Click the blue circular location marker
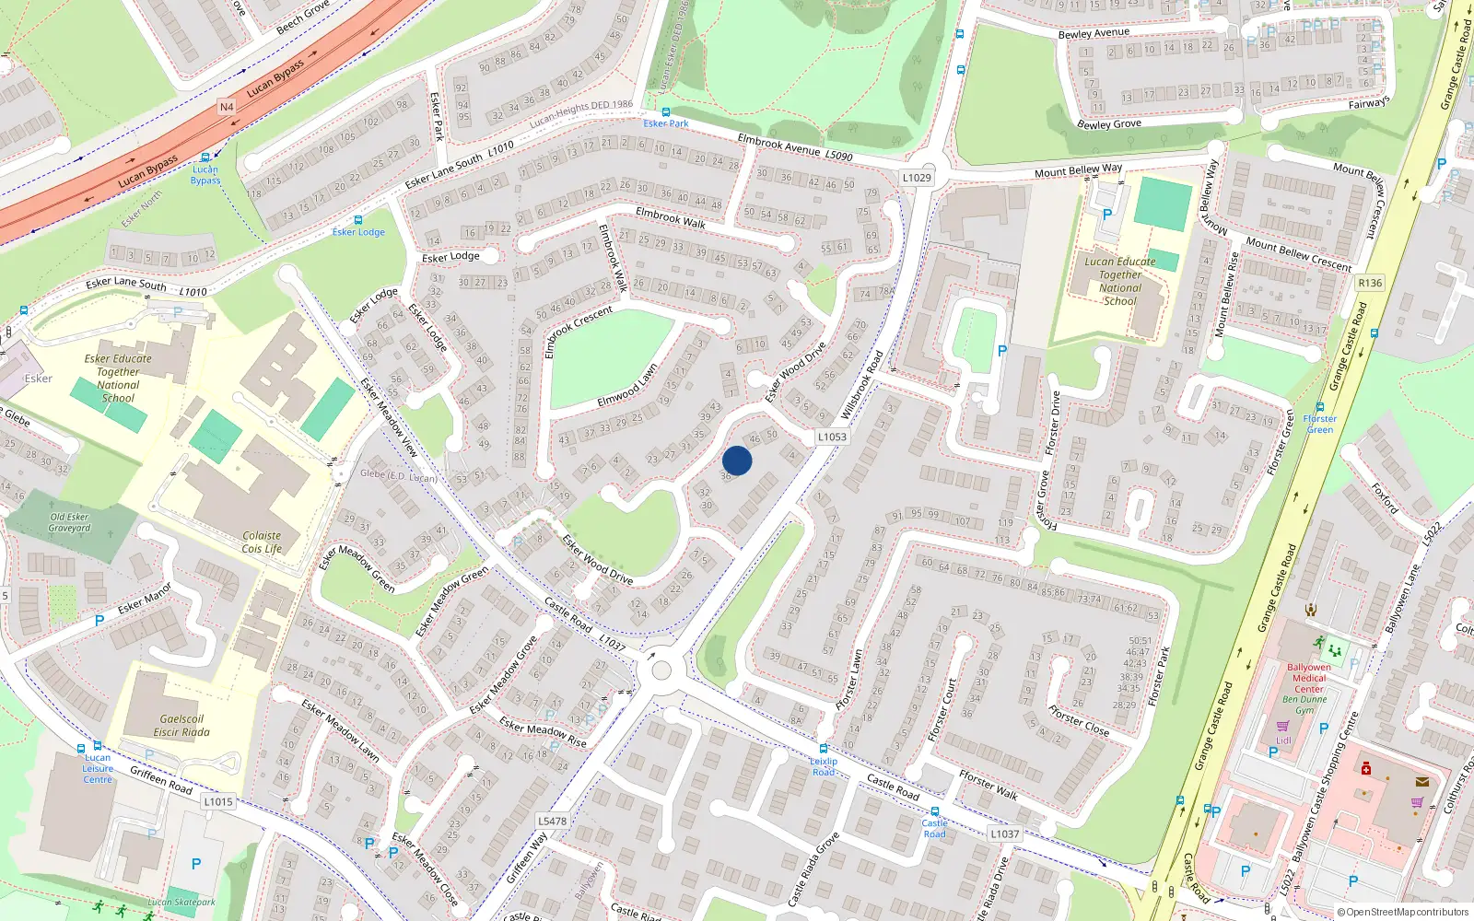pyautogui.click(x=737, y=460)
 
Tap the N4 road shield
pyautogui.click(x=227, y=107)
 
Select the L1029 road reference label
pyautogui.click(x=917, y=178)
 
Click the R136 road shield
pyautogui.click(x=1370, y=283)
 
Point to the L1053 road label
pyautogui.click(x=831, y=437)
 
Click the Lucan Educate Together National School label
pyautogui.click(x=1119, y=281)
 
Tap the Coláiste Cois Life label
pyautogui.click(x=262, y=542)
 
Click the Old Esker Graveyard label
pyautogui.click(x=70, y=522)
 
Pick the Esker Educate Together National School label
pyautogui.click(x=118, y=379)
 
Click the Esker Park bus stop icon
pyautogui.click(x=665, y=112)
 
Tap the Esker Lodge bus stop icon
pyautogui.click(x=358, y=220)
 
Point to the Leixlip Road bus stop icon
pyautogui.click(x=824, y=749)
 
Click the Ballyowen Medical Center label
pyautogui.click(x=1309, y=678)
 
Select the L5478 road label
pyautogui.click(x=552, y=821)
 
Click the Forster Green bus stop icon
pyautogui.click(x=1319, y=407)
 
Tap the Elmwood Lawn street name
pyautogui.click(x=627, y=386)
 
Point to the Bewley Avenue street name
pyautogui.click(x=1094, y=33)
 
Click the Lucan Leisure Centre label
pyautogui.click(x=98, y=769)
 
